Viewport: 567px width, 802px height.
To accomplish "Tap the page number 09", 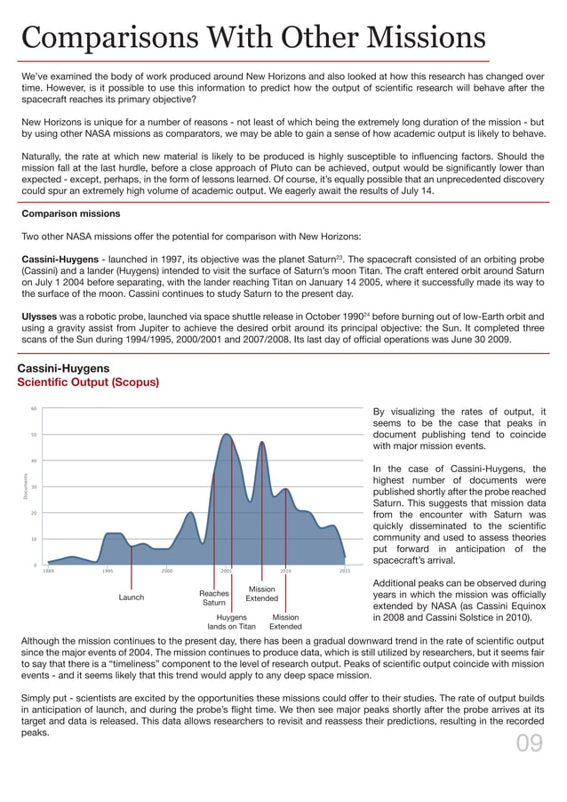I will (x=529, y=742).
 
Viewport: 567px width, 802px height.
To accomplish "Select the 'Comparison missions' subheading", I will (x=71, y=214).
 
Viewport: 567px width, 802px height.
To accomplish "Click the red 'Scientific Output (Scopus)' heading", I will (x=88, y=382).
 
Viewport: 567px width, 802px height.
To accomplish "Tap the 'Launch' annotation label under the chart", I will (x=132, y=597).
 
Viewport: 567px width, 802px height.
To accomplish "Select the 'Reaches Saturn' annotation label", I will (x=213, y=597).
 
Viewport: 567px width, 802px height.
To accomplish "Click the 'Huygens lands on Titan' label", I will (x=231, y=622).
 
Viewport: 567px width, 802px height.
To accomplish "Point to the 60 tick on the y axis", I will (x=33, y=409).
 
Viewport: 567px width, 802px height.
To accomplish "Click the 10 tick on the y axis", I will (x=33, y=539).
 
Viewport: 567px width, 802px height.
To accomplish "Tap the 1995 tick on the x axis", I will (x=108, y=571).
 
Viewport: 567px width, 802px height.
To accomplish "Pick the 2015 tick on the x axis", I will (x=345, y=571).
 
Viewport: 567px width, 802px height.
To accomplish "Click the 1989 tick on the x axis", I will (x=48, y=571).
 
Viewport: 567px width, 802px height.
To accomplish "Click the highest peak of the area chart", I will (x=227, y=435).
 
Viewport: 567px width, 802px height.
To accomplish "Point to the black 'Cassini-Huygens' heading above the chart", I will (x=64, y=368).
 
